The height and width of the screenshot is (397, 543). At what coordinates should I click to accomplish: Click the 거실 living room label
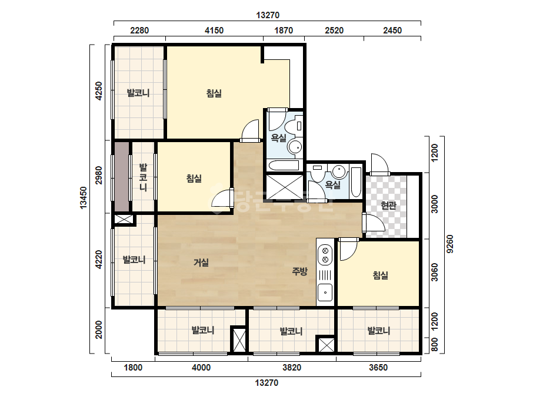tap(201, 263)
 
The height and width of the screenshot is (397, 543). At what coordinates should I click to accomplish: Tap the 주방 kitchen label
tap(299, 271)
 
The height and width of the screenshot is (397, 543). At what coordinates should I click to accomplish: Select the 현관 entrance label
tap(388, 206)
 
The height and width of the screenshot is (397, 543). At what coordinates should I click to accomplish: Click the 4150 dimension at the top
tap(214, 31)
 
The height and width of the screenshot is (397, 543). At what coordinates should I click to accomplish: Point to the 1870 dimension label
tap(284, 31)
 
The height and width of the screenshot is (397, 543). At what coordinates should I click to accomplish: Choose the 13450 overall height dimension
tap(84, 197)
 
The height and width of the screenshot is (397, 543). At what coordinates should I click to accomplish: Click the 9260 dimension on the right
tap(450, 244)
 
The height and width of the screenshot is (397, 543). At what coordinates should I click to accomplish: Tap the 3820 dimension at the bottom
tap(292, 367)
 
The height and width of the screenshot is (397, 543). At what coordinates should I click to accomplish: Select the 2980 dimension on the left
tap(99, 176)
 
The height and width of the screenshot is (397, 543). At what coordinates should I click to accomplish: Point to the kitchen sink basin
tap(325, 292)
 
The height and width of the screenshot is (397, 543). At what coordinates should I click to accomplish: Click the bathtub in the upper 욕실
tap(284, 166)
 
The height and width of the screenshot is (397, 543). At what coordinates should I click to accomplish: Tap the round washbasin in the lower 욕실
tap(339, 171)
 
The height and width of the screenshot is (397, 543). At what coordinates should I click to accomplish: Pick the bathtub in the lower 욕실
tap(356, 182)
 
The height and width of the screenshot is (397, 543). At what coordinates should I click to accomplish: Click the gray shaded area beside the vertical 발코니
tap(122, 177)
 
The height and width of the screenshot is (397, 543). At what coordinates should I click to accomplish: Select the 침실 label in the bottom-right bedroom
tap(380, 275)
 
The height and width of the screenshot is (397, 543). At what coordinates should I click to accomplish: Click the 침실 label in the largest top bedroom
tap(214, 93)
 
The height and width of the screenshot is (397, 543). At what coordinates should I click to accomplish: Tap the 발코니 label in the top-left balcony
tap(138, 93)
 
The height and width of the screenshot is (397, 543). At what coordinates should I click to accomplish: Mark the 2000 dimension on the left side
tap(99, 329)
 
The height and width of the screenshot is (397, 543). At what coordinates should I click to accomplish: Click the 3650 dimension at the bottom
tap(378, 367)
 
